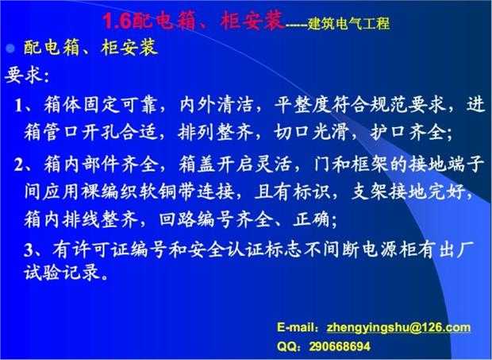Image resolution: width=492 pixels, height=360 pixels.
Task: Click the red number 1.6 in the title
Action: [x=117, y=21]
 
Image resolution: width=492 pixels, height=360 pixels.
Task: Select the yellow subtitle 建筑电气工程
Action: [x=348, y=24]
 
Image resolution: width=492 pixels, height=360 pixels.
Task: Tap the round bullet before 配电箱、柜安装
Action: [x=11, y=48]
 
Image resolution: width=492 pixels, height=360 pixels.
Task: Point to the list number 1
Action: [x=19, y=106]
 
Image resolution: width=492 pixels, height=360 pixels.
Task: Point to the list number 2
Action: [x=19, y=165]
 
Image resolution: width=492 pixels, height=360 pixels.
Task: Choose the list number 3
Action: [x=29, y=250]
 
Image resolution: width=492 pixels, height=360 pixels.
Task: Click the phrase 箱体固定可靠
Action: [x=100, y=105]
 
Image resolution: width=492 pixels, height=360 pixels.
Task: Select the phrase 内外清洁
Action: [x=216, y=105]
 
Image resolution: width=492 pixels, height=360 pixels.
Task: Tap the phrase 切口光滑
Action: [x=311, y=132]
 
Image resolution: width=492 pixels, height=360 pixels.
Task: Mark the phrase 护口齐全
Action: [x=408, y=132]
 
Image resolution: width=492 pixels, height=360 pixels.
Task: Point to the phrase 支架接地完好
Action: [x=408, y=192]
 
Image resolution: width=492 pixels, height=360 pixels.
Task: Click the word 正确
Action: [x=311, y=219]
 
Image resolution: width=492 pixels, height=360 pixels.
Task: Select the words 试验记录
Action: [x=62, y=272]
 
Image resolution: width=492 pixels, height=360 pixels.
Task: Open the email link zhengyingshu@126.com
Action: [x=398, y=327]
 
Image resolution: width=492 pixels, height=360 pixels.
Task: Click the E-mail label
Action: [x=298, y=327]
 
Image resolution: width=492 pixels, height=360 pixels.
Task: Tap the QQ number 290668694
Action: [x=340, y=346]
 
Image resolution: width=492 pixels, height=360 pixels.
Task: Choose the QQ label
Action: [x=286, y=346]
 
